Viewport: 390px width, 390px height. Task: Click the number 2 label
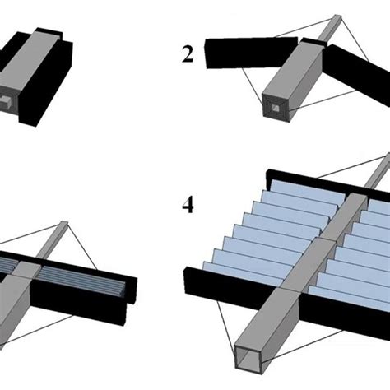pyautogui.click(x=188, y=54)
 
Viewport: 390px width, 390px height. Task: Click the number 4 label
pyautogui.click(x=188, y=204)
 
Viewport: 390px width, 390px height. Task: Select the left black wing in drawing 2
pyautogui.click(x=251, y=53)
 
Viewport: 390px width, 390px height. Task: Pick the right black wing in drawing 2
pyautogui.click(x=358, y=72)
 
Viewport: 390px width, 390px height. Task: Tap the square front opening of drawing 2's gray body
pyautogui.click(x=276, y=108)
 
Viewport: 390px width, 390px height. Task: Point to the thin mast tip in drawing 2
pyautogui.click(x=337, y=17)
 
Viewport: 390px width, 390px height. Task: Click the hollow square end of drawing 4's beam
pyautogui.click(x=248, y=360)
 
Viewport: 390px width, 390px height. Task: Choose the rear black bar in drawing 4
pyautogui.click(x=327, y=183)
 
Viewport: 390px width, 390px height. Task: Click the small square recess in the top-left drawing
pyautogui.click(x=5, y=102)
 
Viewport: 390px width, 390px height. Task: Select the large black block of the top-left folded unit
pyautogui.click(x=45, y=84)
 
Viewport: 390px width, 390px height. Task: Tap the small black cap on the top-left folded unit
pyautogui.click(x=49, y=33)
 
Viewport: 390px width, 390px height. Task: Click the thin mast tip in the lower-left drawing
pyautogui.click(x=63, y=224)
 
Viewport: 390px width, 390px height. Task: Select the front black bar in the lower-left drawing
pyautogui.click(x=77, y=303)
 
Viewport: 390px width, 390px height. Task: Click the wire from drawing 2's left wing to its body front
pyautogui.click(x=252, y=86)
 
